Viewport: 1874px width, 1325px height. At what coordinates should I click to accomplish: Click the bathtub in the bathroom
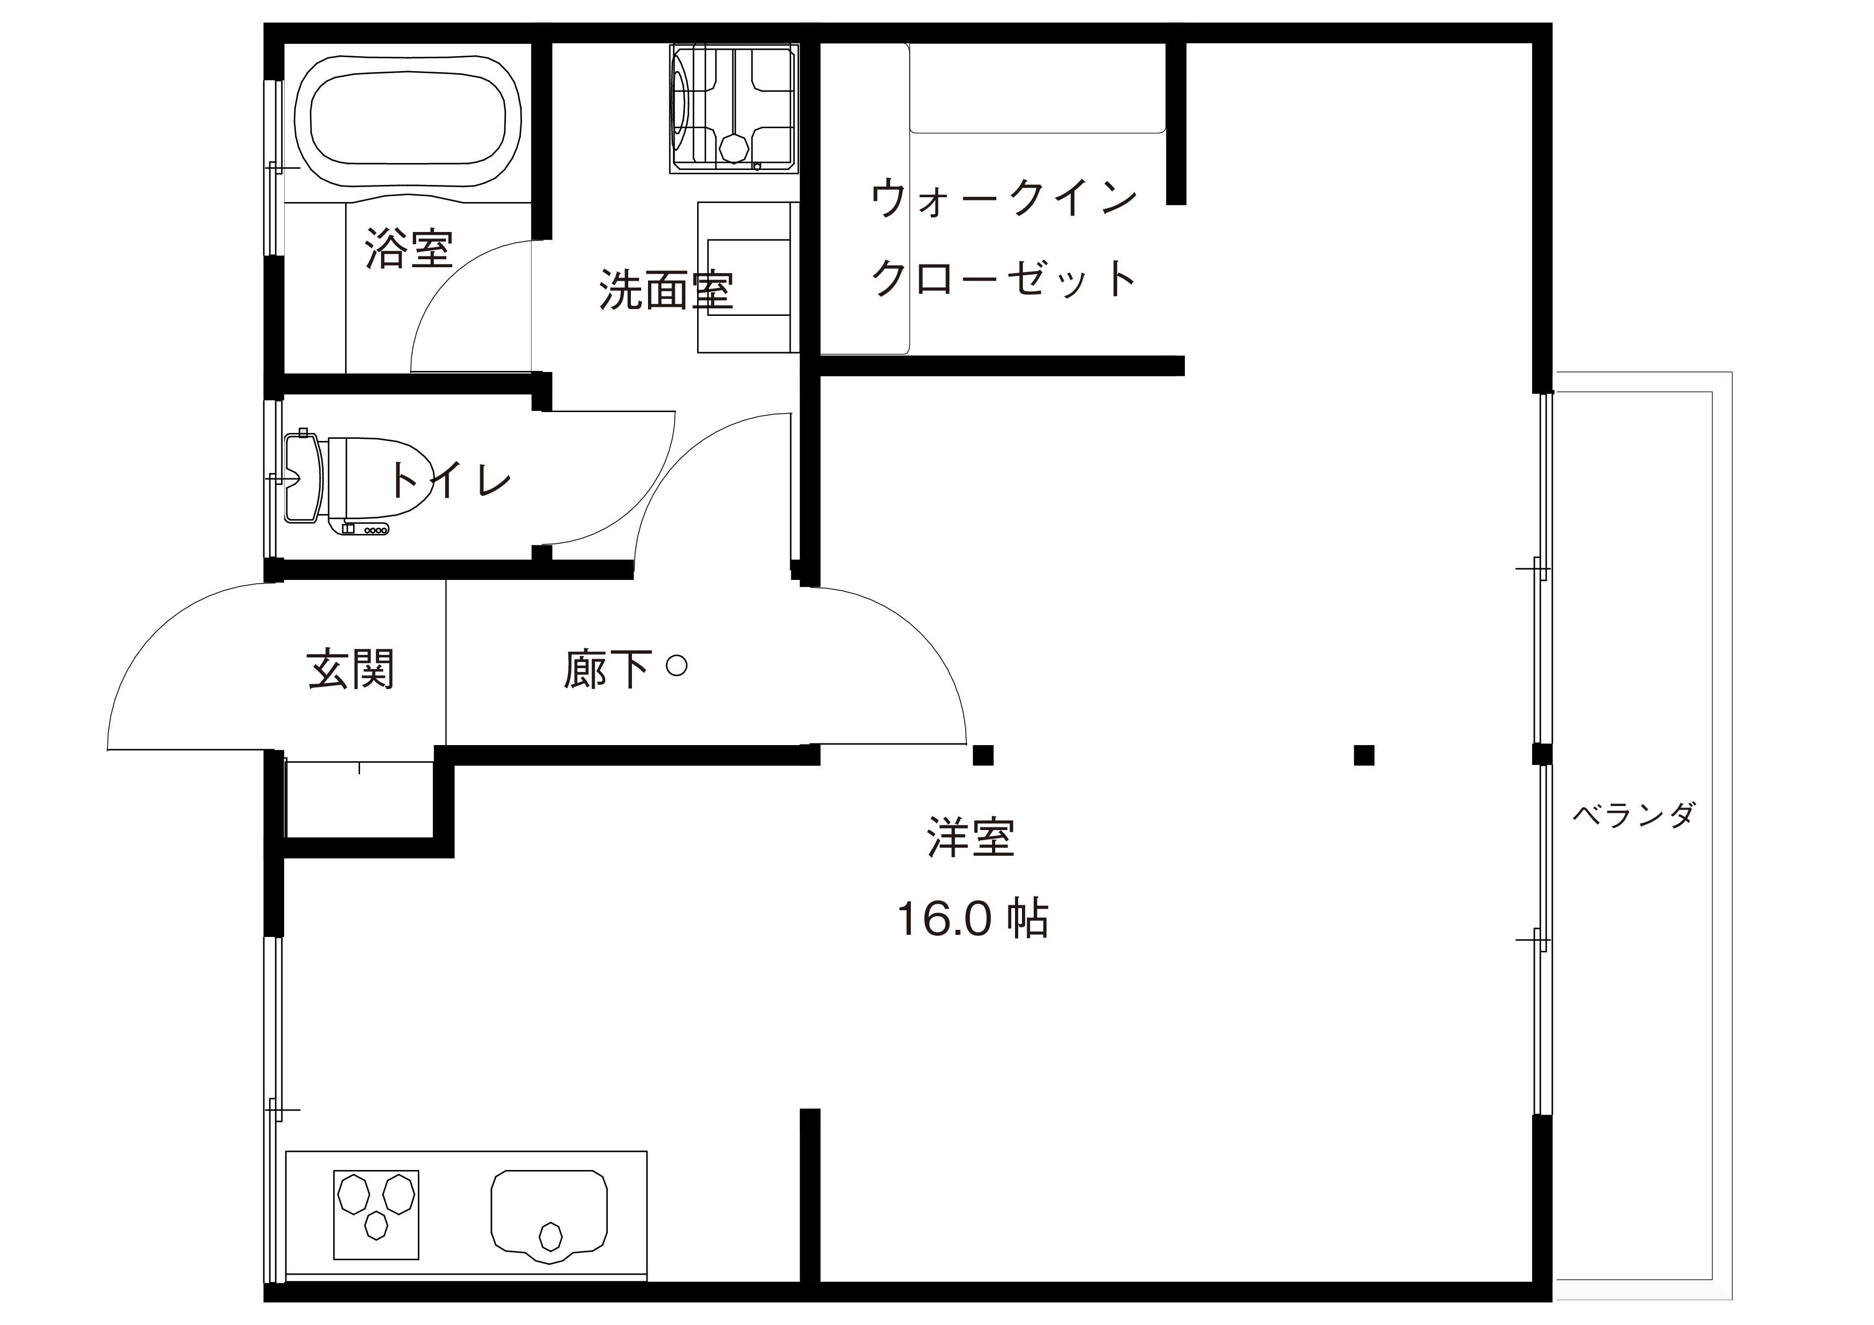407,121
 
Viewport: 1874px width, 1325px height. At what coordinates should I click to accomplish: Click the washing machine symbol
732,108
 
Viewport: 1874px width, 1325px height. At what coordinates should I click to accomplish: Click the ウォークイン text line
1004,199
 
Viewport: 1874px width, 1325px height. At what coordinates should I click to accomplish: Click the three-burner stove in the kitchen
376,1214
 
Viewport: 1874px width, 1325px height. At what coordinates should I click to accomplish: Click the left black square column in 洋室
983,755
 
